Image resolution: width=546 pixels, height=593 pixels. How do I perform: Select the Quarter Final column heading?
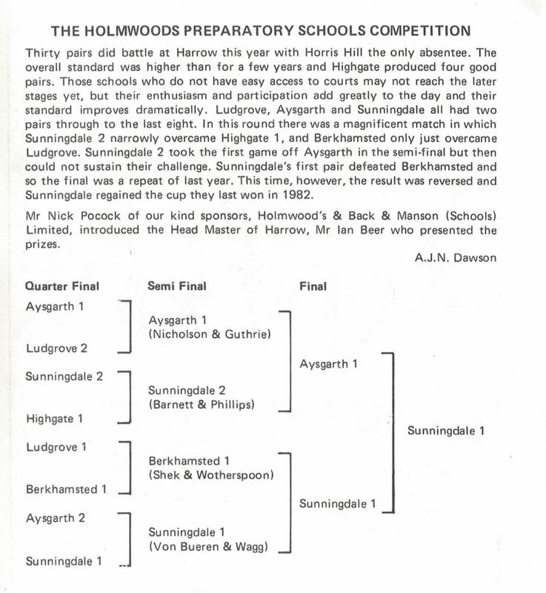(x=62, y=285)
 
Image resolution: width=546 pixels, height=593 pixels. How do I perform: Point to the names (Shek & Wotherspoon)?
(x=211, y=474)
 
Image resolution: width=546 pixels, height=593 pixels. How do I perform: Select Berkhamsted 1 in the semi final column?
(x=190, y=460)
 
